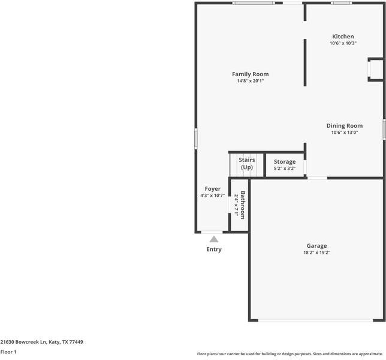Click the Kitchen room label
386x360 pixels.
[x=343, y=37]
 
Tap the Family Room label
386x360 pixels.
[x=250, y=74]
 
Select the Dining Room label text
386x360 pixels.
[x=344, y=126]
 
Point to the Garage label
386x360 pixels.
[x=316, y=246]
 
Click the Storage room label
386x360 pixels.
[x=285, y=162]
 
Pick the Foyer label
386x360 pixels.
[x=213, y=189]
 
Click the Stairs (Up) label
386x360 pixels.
[x=247, y=163]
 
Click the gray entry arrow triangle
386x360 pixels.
[x=214, y=239]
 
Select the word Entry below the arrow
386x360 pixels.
[x=214, y=250]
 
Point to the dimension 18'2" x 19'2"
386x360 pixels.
[x=316, y=253]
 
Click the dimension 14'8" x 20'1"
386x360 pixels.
[x=250, y=81]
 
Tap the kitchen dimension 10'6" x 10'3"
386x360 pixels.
[x=343, y=43]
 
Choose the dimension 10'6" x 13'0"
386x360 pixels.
[x=344, y=133]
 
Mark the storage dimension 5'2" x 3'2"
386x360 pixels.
[x=285, y=169]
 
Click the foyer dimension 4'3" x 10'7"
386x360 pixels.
[x=213, y=196]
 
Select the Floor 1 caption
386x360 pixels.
[x=8, y=352]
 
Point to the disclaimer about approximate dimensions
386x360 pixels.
[x=290, y=354]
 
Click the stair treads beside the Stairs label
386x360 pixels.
[x=234, y=164]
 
